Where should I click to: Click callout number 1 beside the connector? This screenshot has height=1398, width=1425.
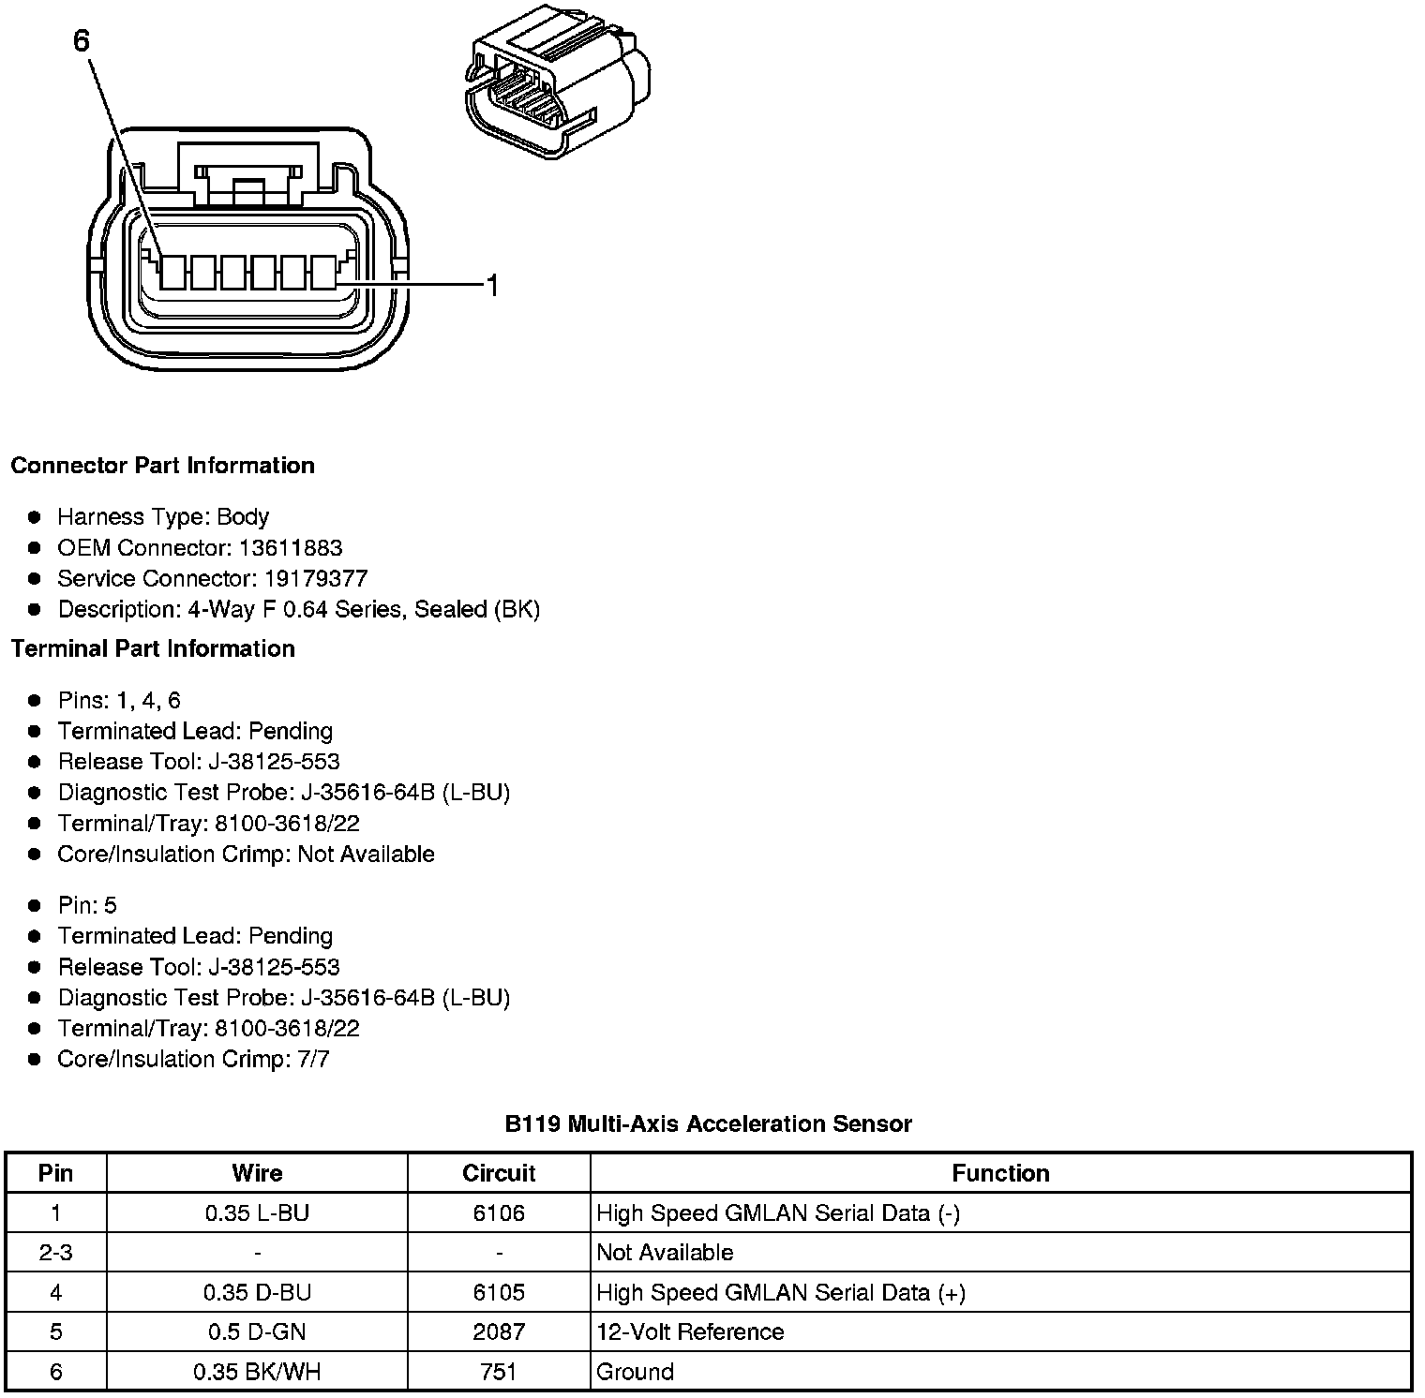click(x=492, y=286)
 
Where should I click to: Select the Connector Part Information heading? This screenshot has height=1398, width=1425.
click(x=162, y=466)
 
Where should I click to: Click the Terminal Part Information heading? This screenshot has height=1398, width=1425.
click(x=153, y=648)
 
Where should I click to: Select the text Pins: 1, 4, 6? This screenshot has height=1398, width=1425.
click(x=119, y=700)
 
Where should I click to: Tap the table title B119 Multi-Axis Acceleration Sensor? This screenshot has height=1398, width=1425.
click(x=708, y=1123)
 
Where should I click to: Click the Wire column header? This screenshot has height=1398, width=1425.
click(x=257, y=1173)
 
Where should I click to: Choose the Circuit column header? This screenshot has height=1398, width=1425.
click(x=499, y=1173)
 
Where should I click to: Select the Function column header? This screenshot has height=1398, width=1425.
click(x=1000, y=1173)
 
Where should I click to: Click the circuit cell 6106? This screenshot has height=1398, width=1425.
click(x=499, y=1213)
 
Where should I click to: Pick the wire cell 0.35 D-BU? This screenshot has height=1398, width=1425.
click(x=257, y=1293)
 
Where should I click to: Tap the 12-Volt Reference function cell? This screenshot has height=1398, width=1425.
click(x=690, y=1332)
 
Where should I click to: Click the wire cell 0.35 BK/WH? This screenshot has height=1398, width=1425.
click(x=257, y=1373)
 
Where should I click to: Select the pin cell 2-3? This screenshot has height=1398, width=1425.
click(x=56, y=1253)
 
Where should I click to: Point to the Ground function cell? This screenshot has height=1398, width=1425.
click(x=635, y=1373)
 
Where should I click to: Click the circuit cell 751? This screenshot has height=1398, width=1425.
click(x=499, y=1373)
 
